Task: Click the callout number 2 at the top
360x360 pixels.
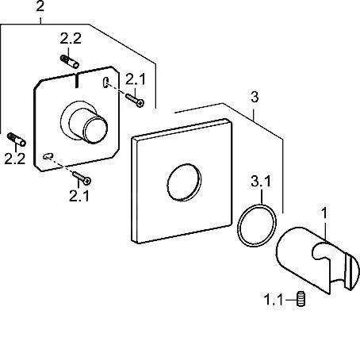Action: click(x=40, y=6)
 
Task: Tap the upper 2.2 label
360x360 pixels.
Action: click(x=71, y=39)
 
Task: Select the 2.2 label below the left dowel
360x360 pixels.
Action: click(x=15, y=159)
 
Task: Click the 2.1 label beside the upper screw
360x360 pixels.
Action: click(x=136, y=79)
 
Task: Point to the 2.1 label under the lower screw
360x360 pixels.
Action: click(x=79, y=196)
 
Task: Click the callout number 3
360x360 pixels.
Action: click(x=255, y=97)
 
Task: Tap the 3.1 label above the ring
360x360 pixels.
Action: click(x=261, y=182)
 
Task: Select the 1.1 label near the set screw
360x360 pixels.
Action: click(x=274, y=300)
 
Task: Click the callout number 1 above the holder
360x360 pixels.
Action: click(x=324, y=213)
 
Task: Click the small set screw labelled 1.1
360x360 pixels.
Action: click(x=301, y=299)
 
